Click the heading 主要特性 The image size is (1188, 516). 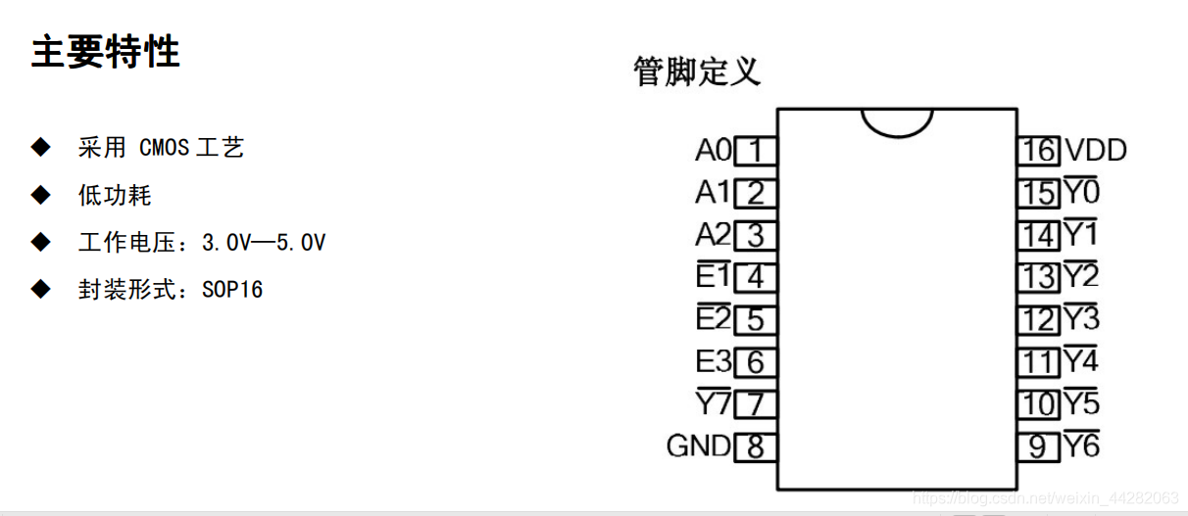pyautogui.click(x=106, y=52)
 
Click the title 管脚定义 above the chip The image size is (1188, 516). pyautogui.click(x=697, y=71)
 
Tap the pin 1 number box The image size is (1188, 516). pyautogui.click(x=755, y=152)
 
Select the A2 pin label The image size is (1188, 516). pyautogui.click(x=713, y=235)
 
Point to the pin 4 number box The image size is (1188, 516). pyautogui.click(x=755, y=278)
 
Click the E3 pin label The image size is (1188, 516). pyautogui.click(x=713, y=362)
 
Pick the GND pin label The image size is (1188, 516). pyautogui.click(x=698, y=446)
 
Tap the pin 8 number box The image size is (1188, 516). pyautogui.click(x=755, y=447)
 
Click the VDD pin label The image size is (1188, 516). pyautogui.click(x=1096, y=151)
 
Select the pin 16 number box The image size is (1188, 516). pyautogui.click(x=1038, y=151)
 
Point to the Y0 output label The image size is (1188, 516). pyautogui.click(x=1082, y=192)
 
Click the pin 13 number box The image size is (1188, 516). pyautogui.click(x=1038, y=277)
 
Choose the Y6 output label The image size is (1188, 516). pyautogui.click(x=1082, y=446)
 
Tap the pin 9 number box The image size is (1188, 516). pyautogui.click(x=1038, y=446)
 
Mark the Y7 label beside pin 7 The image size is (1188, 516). pyautogui.click(x=713, y=403)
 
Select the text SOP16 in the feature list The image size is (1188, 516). pyautogui.click(x=232, y=290)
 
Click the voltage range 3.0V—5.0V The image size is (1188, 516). pyautogui.click(x=264, y=243)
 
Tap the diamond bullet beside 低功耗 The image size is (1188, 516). pyautogui.click(x=40, y=195)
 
